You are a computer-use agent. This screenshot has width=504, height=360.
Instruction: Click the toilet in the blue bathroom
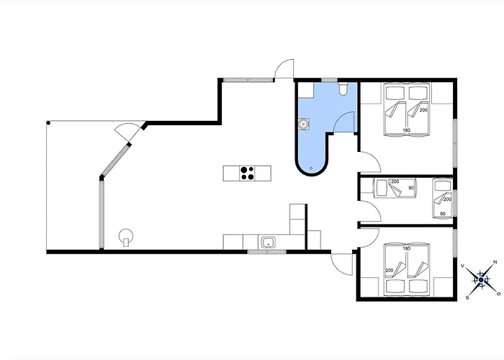[343, 89]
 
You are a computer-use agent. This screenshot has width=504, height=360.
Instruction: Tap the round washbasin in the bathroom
[303, 124]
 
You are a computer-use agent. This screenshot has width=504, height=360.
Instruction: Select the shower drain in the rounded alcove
[311, 168]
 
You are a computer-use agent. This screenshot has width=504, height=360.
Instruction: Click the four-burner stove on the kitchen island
[247, 173]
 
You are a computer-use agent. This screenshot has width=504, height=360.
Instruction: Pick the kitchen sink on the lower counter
[268, 242]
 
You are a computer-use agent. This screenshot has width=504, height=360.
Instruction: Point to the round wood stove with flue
[126, 237]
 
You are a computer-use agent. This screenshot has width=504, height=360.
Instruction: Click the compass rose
[481, 280]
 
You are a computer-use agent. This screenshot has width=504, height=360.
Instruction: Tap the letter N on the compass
[495, 262]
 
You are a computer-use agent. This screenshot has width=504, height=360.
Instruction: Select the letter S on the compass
[467, 298]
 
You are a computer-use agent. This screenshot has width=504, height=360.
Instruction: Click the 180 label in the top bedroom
[407, 130]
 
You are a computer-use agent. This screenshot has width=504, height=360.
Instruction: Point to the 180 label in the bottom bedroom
[407, 248]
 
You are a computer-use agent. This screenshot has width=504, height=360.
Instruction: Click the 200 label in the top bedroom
[423, 110]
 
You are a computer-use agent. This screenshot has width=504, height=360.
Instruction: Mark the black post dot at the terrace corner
[48, 123]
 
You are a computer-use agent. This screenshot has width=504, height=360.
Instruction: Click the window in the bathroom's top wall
[329, 80]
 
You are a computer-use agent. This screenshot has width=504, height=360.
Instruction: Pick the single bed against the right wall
[442, 198]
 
